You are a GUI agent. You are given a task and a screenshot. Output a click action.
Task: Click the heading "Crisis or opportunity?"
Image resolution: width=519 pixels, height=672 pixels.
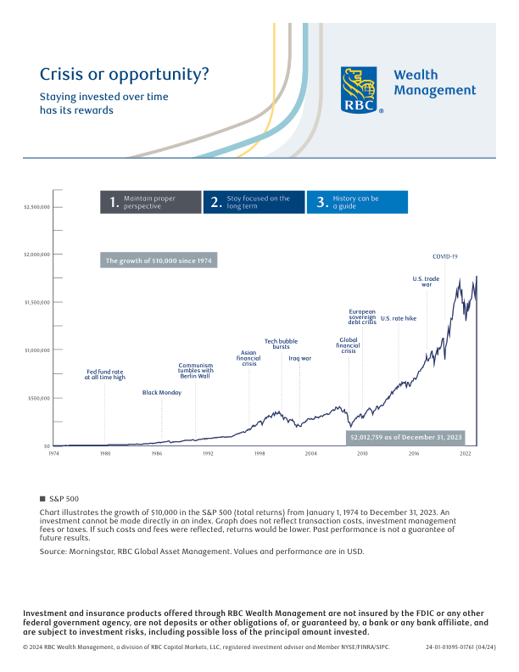pyautogui.click(x=125, y=74)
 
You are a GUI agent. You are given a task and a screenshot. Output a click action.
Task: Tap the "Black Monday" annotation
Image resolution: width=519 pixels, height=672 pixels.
pyautogui.click(x=162, y=393)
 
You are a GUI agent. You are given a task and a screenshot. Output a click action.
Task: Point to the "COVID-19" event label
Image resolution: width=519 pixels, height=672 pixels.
pyautogui.click(x=445, y=256)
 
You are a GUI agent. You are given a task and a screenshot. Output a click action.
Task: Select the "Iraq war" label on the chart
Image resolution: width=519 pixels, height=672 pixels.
pyautogui.click(x=300, y=359)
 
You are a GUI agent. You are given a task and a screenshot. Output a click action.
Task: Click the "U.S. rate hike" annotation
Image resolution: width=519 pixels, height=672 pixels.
pyautogui.click(x=399, y=318)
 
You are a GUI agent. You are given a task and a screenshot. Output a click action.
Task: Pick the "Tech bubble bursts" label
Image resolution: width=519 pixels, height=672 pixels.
pyautogui.click(x=281, y=344)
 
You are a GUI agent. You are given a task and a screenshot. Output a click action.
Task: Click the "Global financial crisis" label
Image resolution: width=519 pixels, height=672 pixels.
pyautogui.click(x=349, y=344)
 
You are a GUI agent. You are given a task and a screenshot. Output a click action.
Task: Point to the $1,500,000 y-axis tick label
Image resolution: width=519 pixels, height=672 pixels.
pyautogui.click(x=37, y=302)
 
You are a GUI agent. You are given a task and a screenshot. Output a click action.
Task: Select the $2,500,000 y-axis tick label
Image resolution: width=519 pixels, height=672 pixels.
pyautogui.click(x=37, y=206)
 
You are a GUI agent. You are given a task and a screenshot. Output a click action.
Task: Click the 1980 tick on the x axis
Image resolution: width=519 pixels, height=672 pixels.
pyautogui.click(x=104, y=454)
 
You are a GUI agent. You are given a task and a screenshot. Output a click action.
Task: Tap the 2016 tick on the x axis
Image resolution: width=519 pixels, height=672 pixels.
pyautogui.click(x=414, y=454)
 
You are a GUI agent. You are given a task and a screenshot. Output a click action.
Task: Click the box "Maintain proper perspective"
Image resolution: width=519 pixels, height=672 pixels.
pyautogui.click(x=151, y=202)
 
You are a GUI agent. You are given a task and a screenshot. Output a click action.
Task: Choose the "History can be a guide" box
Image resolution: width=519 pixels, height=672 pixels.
pyautogui.click(x=357, y=202)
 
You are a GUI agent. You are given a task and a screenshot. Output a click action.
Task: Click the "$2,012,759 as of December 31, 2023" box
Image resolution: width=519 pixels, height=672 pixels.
pyautogui.click(x=407, y=437)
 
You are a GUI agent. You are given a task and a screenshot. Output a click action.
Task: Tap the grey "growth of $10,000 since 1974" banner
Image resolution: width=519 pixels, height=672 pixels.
pyautogui.click(x=159, y=260)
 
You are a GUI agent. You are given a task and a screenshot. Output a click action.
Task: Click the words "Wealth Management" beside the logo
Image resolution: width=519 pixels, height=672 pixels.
pyautogui.click(x=434, y=82)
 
